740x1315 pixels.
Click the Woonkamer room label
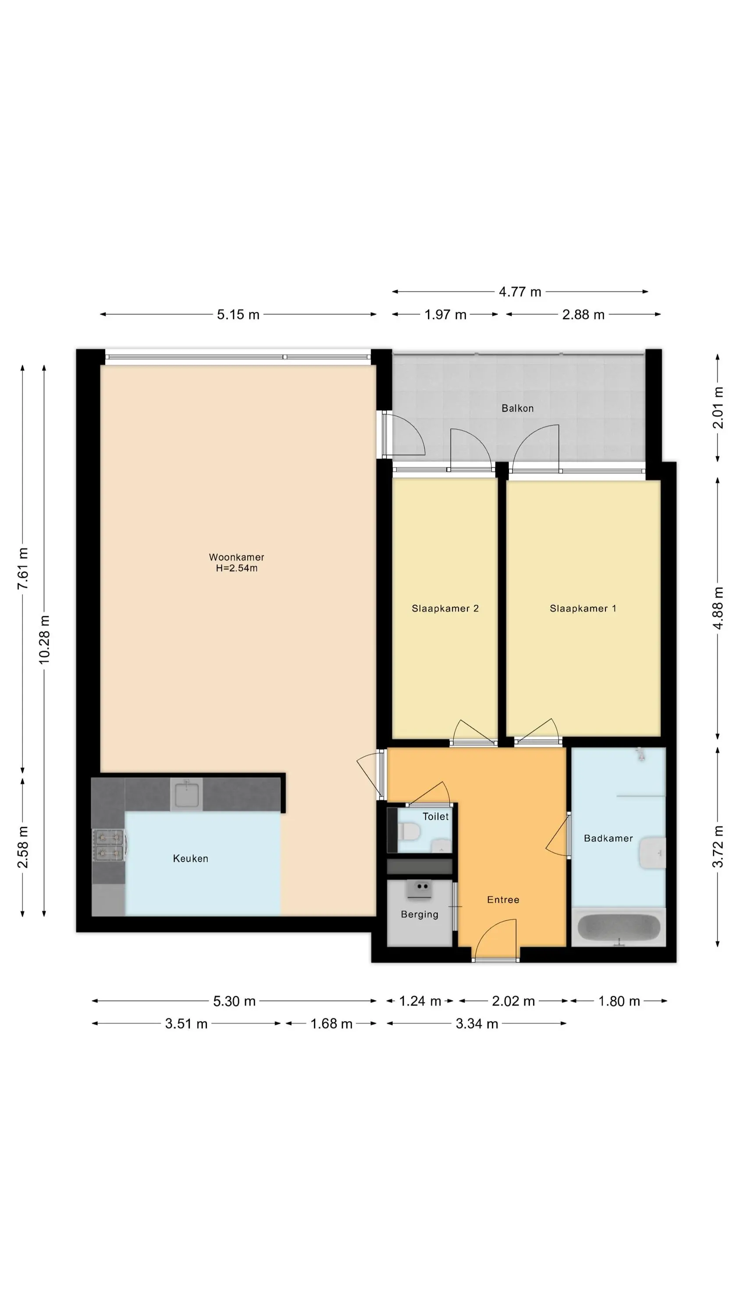[x=236, y=557]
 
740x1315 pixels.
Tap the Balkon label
[x=517, y=408]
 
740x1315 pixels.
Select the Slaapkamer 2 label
[x=445, y=608]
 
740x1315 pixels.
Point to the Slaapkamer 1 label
[x=583, y=608]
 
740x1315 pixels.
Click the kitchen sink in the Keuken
[x=186, y=794]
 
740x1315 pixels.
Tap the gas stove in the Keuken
[x=109, y=845]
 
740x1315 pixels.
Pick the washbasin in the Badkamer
[x=653, y=852]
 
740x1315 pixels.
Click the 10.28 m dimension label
[x=44, y=640]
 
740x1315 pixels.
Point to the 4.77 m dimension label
[x=520, y=291]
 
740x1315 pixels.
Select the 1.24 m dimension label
[x=420, y=1001]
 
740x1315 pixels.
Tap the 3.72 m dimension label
[x=718, y=846]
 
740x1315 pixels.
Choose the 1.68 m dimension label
[x=331, y=1024]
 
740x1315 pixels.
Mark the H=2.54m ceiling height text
[x=236, y=568]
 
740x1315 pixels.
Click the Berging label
[x=419, y=914]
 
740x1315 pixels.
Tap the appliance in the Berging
[x=419, y=890]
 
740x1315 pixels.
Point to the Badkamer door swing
[x=558, y=835]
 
